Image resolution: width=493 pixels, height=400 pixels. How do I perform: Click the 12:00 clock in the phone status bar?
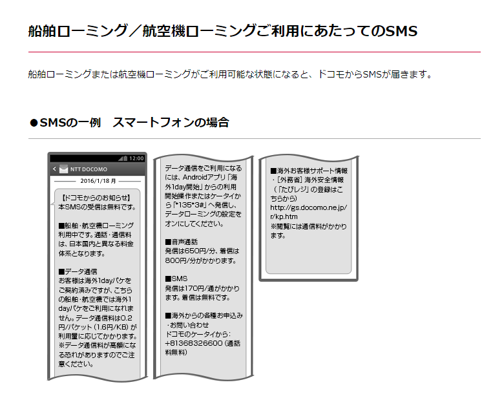tap(136, 158)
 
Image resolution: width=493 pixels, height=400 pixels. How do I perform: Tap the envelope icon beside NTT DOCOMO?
tap(63, 170)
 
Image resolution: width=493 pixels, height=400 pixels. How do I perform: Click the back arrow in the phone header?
tap(54, 170)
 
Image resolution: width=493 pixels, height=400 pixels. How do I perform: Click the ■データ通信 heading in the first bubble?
tap(78, 272)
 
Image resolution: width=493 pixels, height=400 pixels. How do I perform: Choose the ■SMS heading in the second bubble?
tap(176, 279)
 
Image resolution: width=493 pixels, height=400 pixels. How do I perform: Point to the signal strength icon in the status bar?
tap(123, 158)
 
